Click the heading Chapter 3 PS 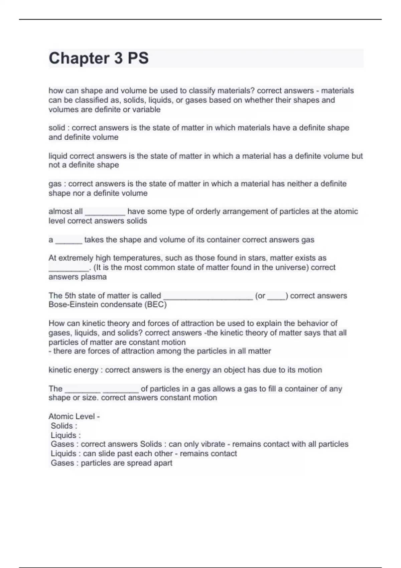[99, 58]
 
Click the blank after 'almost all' [105, 212]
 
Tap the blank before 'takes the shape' [69, 241]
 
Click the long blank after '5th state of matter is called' [208, 296]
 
